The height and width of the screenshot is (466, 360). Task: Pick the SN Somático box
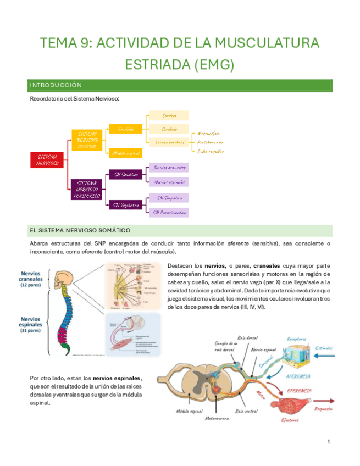(125, 174)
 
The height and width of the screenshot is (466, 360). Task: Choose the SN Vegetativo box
(125, 204)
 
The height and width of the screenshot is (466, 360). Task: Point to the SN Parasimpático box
(169, 212)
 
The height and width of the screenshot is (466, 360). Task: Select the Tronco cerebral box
(169, 142)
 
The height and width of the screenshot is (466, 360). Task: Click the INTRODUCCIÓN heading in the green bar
(56, 85)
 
